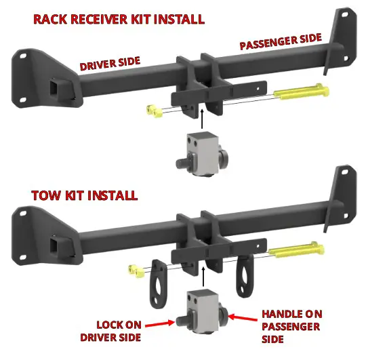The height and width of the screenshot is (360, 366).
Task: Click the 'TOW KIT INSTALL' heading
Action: pyautogui.click(x=85, y=196)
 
